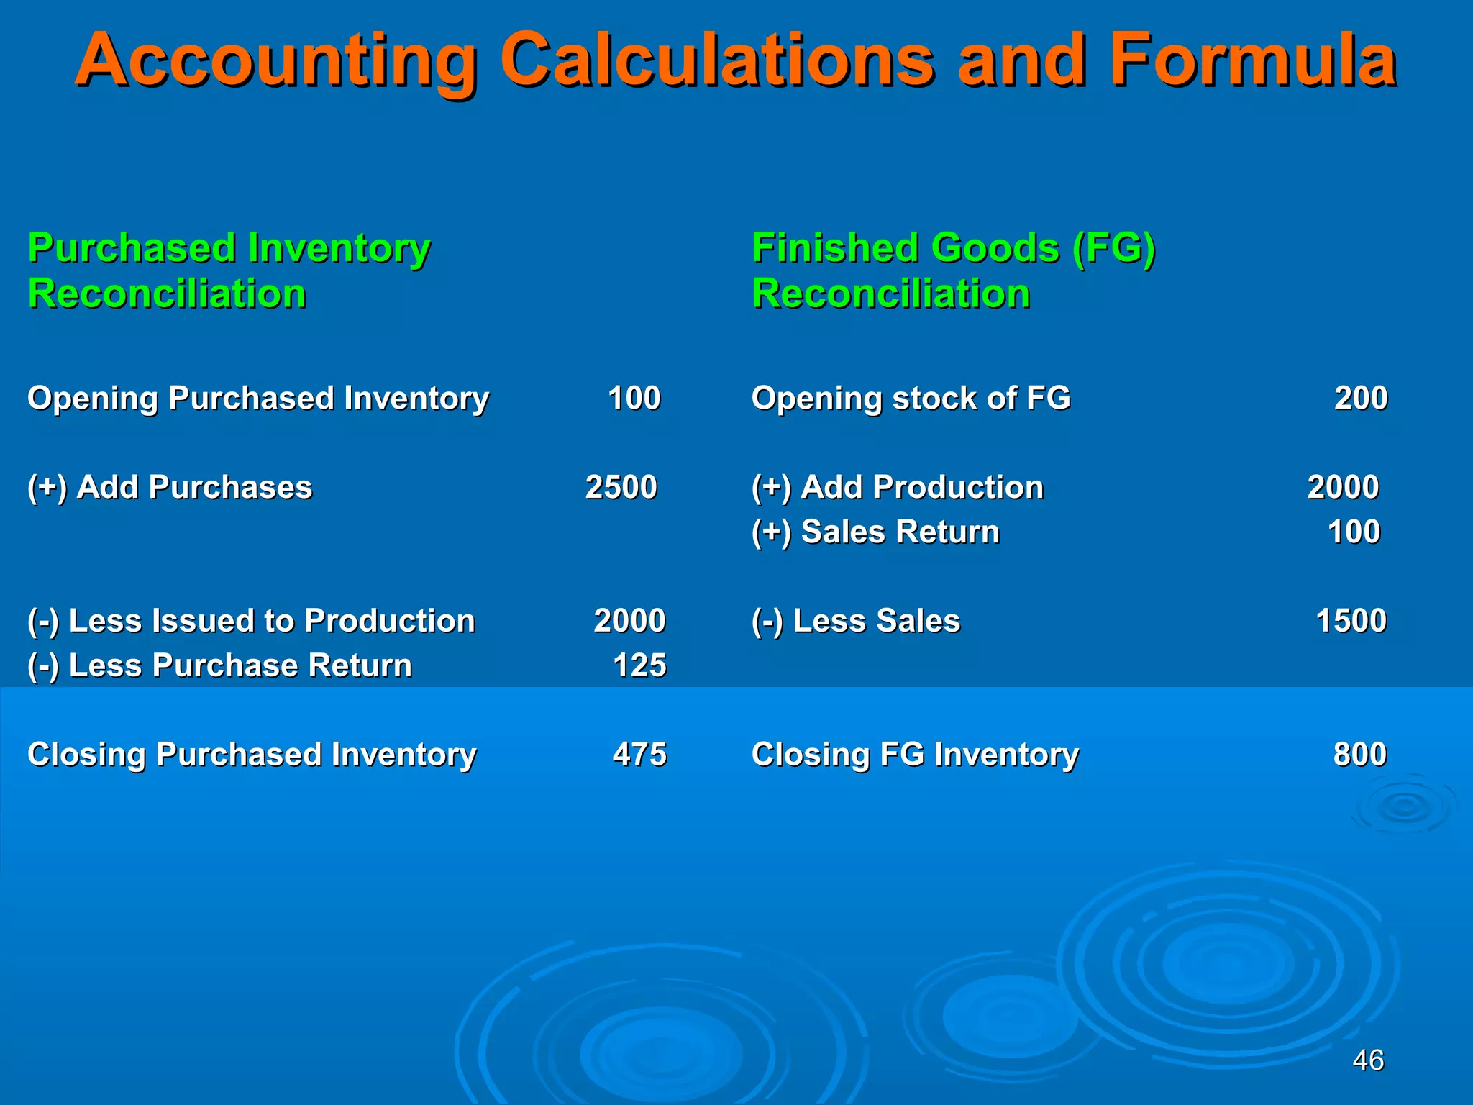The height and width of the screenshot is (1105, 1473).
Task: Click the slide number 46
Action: coord(1368,1060)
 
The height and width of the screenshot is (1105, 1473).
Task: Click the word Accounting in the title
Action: coord(276,60)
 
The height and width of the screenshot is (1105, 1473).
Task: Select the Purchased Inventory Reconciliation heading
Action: coord(229,270)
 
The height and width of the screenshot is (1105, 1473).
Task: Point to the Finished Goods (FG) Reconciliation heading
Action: coord(953,270)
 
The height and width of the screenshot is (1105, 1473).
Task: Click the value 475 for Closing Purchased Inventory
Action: coord(639,755)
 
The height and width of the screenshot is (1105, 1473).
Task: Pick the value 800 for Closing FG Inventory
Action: coord(1359,755)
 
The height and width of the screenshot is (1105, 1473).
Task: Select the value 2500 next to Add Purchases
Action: coord(621,487)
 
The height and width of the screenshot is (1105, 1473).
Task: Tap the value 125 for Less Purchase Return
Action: coord(639,665)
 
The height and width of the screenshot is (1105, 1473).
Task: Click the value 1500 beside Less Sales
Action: coord(1351,621)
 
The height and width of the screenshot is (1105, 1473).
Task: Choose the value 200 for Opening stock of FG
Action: coord(1361,398)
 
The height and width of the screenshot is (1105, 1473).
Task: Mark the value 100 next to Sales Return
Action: coord(1354,532)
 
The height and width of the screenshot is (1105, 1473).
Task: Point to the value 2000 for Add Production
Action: coord(1343,487)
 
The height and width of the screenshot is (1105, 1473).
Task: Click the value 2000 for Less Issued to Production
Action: coord(629,621)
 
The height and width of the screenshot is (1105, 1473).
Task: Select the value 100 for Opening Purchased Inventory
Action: coord(634,398)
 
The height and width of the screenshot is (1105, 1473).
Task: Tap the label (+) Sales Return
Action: coord(875,532)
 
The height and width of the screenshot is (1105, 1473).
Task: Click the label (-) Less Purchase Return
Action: coord(219,665)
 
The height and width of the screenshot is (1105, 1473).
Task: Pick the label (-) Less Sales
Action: coord(856,621)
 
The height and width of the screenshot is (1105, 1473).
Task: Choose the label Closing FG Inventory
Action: coord(915,755)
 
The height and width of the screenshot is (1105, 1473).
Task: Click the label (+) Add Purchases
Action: coord(170,487)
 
